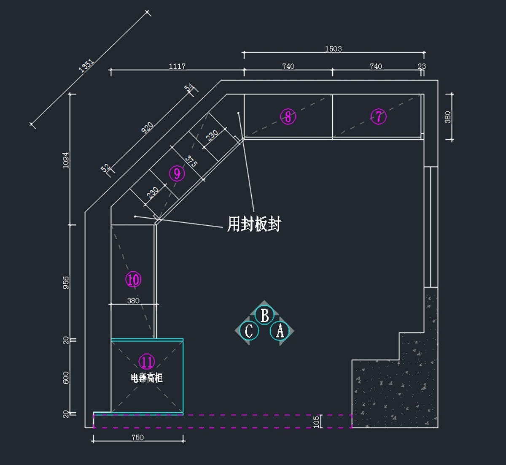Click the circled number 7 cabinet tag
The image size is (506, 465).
(x=378, y=116)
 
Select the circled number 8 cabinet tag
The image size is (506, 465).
(x=288, y=116)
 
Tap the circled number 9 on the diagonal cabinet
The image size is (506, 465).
(x=177, y=173)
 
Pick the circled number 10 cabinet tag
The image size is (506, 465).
(x=133, y=279)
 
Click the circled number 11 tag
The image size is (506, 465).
(x=147, y=362)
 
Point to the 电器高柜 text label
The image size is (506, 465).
(x=147, y=378)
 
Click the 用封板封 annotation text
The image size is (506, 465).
(x=254, y=224)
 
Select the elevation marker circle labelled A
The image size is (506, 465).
(x=280, y=331)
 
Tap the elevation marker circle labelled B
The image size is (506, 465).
(x=264, y=315)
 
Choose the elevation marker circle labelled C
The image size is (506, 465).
(x=249, y=331)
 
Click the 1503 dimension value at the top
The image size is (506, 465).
(x=333, y=49)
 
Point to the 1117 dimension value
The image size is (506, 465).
(x=177, y=66)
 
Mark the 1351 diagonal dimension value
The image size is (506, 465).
(x=86, y=66)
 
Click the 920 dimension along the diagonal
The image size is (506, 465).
(x=147, y=127)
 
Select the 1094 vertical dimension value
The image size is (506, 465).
(x=66, y=160)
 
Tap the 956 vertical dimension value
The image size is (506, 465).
(x=66, y=283)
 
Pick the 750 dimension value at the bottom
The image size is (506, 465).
(x=137, y=438)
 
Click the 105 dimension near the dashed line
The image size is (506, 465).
(x=317, y=422)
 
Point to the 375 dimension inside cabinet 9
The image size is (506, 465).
(x=191, y=162)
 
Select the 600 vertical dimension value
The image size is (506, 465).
(x=66, y=378)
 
